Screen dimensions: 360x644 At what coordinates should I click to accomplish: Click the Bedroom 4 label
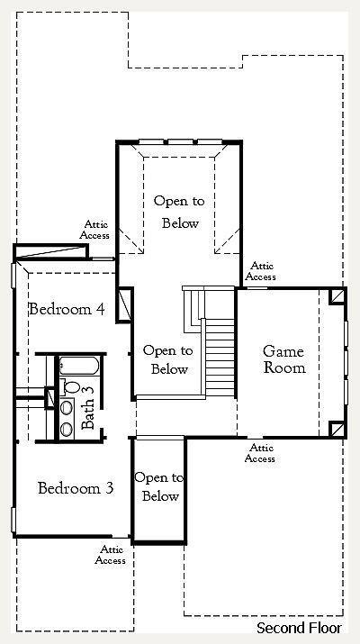(66, 309)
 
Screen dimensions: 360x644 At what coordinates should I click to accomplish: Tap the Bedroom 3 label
(76, 488)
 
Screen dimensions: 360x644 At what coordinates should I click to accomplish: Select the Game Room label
(284, 359)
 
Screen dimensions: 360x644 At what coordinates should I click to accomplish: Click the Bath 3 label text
(88, 408)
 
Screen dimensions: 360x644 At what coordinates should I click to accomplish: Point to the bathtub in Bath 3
(79, 366)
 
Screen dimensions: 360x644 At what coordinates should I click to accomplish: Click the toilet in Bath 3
(70, 386)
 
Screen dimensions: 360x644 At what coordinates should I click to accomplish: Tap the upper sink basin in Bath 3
(67, 407)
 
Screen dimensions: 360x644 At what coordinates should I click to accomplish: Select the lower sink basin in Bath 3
(67, 430)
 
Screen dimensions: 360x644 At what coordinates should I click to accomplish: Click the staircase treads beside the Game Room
(220, 358)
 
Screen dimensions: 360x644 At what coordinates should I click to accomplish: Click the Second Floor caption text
(299, 628)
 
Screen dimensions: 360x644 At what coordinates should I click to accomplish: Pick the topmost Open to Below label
(179, 213)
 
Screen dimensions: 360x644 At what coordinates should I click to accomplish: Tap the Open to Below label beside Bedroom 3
(159, 486)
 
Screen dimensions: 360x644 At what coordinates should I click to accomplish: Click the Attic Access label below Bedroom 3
(111, 555)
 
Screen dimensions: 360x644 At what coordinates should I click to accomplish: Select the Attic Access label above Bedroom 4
(94, 230)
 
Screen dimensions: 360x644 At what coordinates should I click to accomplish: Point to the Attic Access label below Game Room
(260, 453)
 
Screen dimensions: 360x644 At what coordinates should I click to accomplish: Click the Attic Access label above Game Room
(261, 271)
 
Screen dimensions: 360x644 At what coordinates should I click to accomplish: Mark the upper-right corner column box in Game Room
(337, 296)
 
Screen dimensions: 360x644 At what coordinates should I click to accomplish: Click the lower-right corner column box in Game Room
(337, 430)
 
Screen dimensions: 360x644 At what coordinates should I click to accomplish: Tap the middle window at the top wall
(180, 141)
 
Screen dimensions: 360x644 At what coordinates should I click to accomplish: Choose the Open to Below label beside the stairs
(168, 359)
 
